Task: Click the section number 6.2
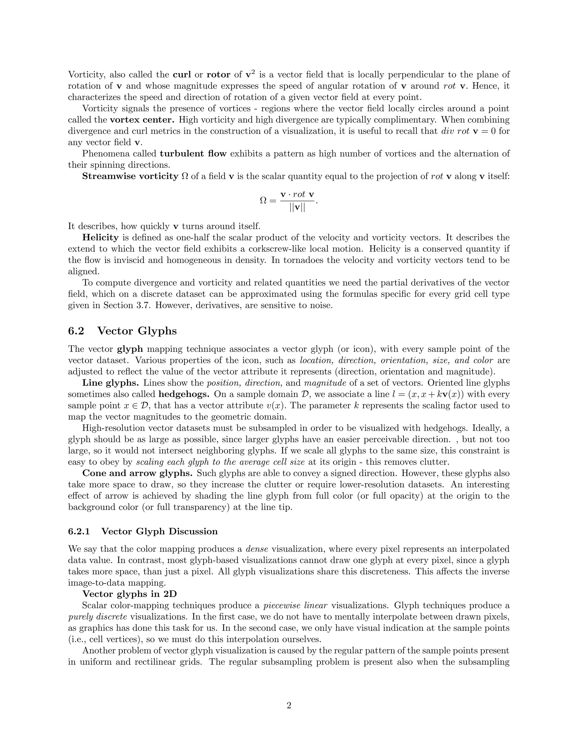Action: click(76, 331)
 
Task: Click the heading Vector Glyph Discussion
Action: click(159, 532)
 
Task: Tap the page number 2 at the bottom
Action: click(289, 706)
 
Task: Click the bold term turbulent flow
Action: click(193, 154)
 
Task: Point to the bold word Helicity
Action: click(100, 238)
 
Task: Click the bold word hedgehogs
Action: click(185, 394)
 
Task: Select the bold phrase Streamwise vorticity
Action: click(130, 176)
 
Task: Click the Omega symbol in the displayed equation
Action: click(263, 201)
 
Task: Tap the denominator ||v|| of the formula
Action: click(297, 208)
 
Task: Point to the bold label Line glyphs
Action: click(110, 383)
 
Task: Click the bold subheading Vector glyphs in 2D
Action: click(130, 594)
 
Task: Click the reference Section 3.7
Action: click(128, 305)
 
